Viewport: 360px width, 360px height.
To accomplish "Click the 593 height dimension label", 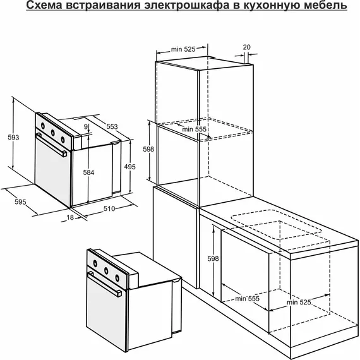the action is coord(13,137).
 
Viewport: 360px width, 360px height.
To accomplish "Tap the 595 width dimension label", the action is coord(20,202).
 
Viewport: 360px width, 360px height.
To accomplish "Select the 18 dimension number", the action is coord(70,217).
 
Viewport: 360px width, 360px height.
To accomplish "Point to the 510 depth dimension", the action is coord(109,208).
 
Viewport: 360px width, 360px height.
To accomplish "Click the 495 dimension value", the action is coord(130,167).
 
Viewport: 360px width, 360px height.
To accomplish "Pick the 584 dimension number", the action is coord(88,172).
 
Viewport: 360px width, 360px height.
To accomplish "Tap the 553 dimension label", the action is coord(112,126).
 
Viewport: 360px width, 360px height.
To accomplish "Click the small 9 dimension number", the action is coord(86,126).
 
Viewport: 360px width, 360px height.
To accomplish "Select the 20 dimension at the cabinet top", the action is coord(246,47).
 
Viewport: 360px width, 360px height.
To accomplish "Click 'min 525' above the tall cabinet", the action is coord(183,49).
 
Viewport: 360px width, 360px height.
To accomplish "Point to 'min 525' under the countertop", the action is coord(299,302).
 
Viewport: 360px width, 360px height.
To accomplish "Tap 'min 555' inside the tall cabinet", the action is coord(195,129).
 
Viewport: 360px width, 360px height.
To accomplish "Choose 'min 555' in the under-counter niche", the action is coord(248,299).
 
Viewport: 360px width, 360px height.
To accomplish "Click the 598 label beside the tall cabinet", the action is coord(148,149).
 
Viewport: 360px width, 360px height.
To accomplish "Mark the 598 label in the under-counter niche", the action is coord(213,258).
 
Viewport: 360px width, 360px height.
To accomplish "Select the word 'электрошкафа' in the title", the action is coord(187,5).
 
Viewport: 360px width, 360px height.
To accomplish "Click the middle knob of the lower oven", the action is coord(106,271).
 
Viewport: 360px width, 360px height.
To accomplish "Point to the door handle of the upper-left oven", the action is coord(52,145).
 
